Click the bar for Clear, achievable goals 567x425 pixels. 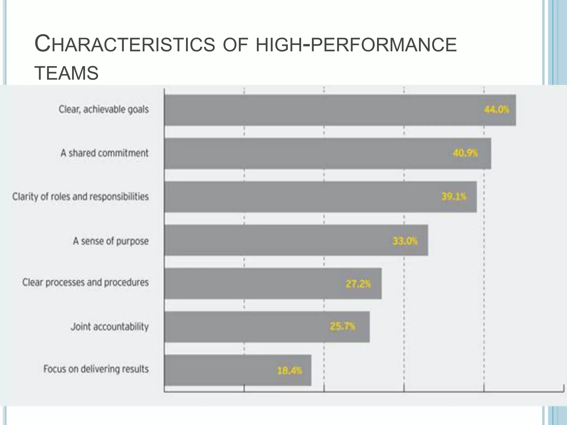click(340, 110)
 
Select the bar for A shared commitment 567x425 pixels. click(328, 154)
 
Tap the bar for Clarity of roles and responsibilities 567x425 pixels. click(321, 197)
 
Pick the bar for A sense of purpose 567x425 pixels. click(296, 240)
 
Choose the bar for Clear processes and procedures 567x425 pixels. click(273, 284)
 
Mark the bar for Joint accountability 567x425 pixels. click(267, 327)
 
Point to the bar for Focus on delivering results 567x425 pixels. click(238, 370)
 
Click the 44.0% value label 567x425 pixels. click(496, 110)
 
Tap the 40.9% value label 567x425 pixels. click(465, 153)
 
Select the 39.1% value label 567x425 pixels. click(454, 197)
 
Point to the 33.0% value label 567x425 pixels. click(405, 241)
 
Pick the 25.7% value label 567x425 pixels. click(342, 327)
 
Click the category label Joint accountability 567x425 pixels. click(110, 327)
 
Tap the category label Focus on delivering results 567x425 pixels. click(96, 369)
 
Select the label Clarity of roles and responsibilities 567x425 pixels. click(81, 197)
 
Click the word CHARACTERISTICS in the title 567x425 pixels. click(125, 44)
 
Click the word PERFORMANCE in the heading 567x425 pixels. click(384, 44)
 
